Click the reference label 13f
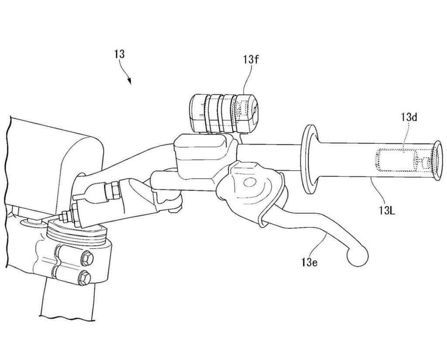pyautogui.click(x=251, y=60)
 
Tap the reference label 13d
pyautogui.click(x=409, y=117)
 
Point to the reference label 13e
pyautogui.click(x=309, y=261)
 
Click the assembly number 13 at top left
pyautogui.click(x=120, y=54)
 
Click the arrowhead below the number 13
pyautogui.click(x=129, y=81)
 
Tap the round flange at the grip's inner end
pyautogui.click(x=309, y=159)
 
